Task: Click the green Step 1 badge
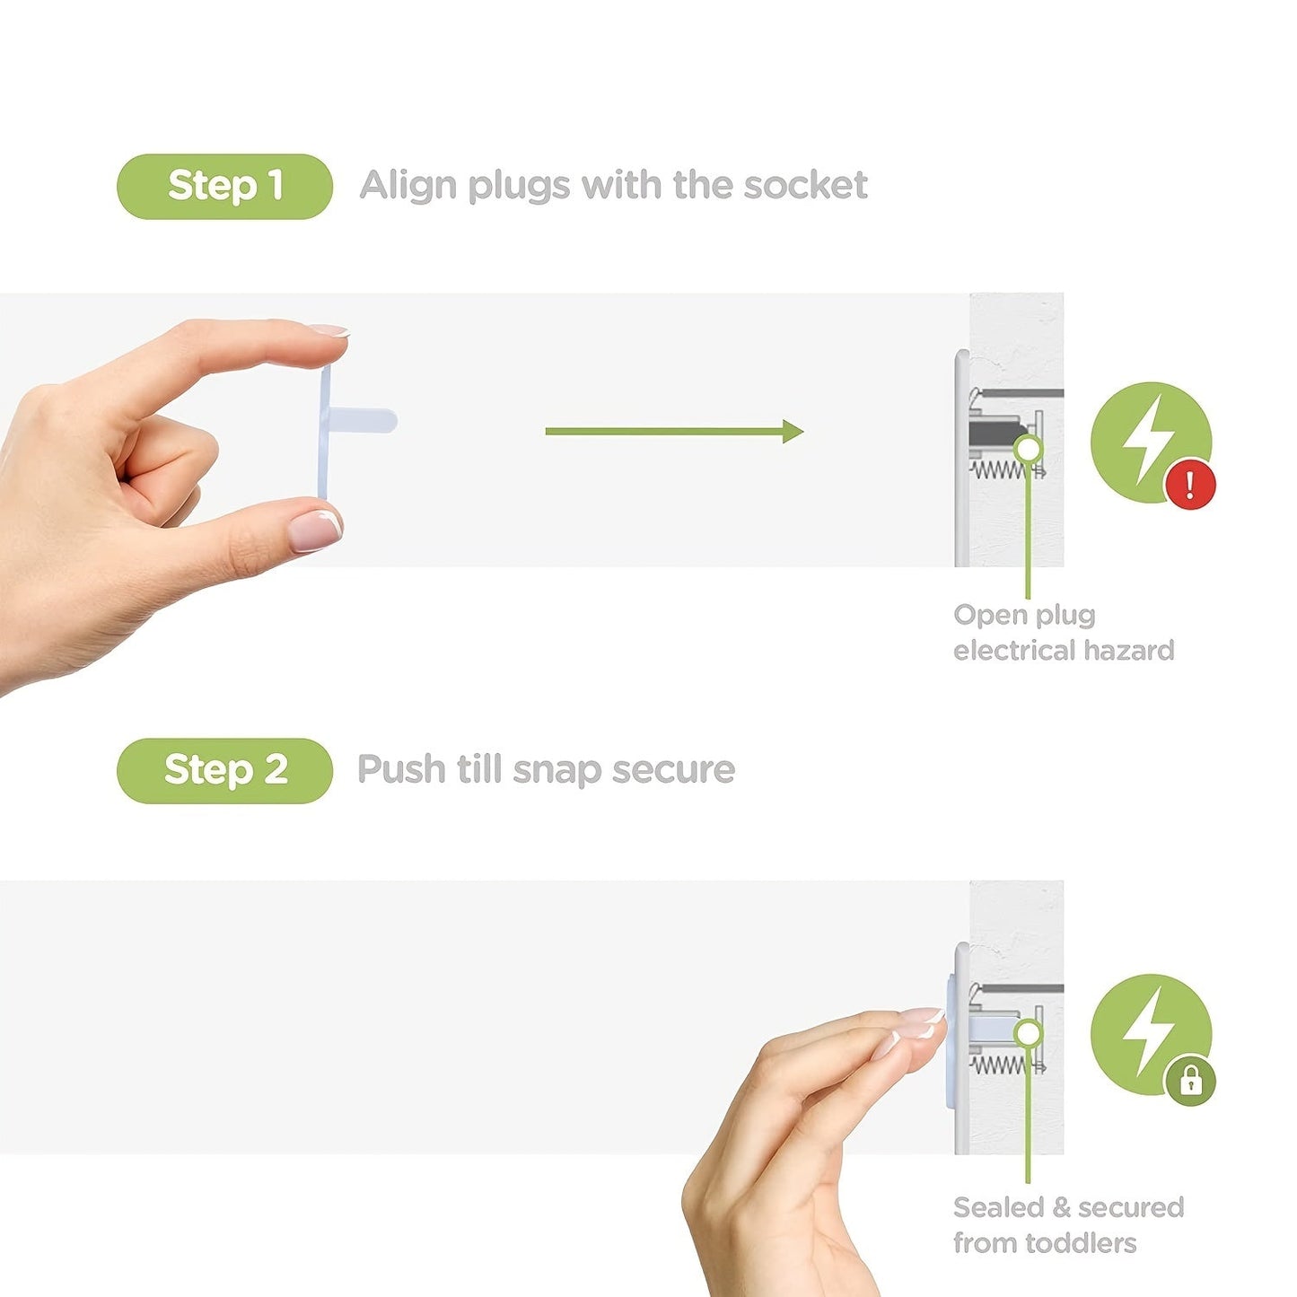point(224,187)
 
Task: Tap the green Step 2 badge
point(224,771)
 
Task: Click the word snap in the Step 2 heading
point(556,771)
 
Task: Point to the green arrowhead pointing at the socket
point(793,432)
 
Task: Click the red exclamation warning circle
point(1191,484)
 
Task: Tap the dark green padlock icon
point(1191,1081)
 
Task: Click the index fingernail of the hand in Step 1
point(329,329)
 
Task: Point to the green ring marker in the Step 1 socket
point(1028,449)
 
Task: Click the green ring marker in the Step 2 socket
point(1028,1032)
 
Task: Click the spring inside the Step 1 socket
point(1003,469)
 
